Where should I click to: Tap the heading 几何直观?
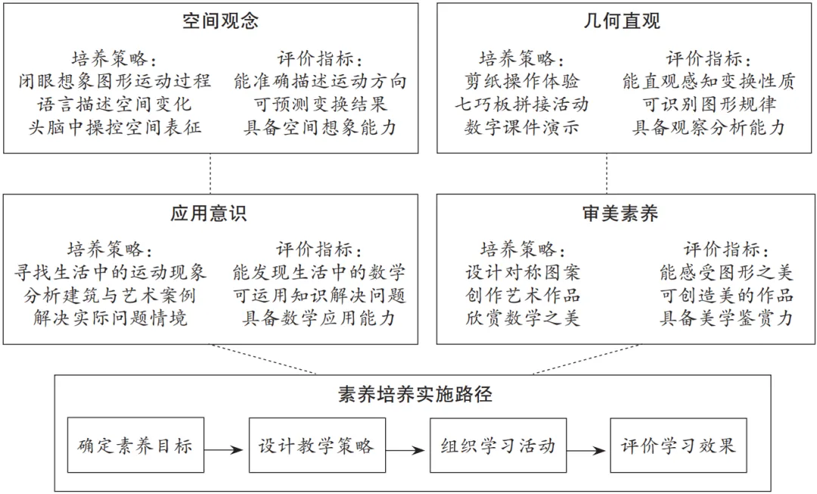(x=622, y=21)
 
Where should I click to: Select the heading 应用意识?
(x=209, y=214)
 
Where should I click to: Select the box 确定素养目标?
(x=135, y=445)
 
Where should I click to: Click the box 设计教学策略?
(x=316, y=445)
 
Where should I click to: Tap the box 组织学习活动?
(x=498, y=445)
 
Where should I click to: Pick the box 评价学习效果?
(x=679, y=445)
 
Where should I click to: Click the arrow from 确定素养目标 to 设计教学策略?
(x=226, y=450)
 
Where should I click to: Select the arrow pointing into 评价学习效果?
(x=588, y=450)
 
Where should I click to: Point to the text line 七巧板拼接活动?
(x=522, y=104)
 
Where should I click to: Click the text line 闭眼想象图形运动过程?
(x=115, y=81)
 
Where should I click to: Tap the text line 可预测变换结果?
(x=321, y=104)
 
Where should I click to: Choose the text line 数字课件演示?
(x=522, y=127)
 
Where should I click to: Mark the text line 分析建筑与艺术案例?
(x=110, y=295)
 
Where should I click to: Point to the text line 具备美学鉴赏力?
(x=726, y=318)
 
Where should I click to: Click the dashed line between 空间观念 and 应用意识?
(x=210, y=174)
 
